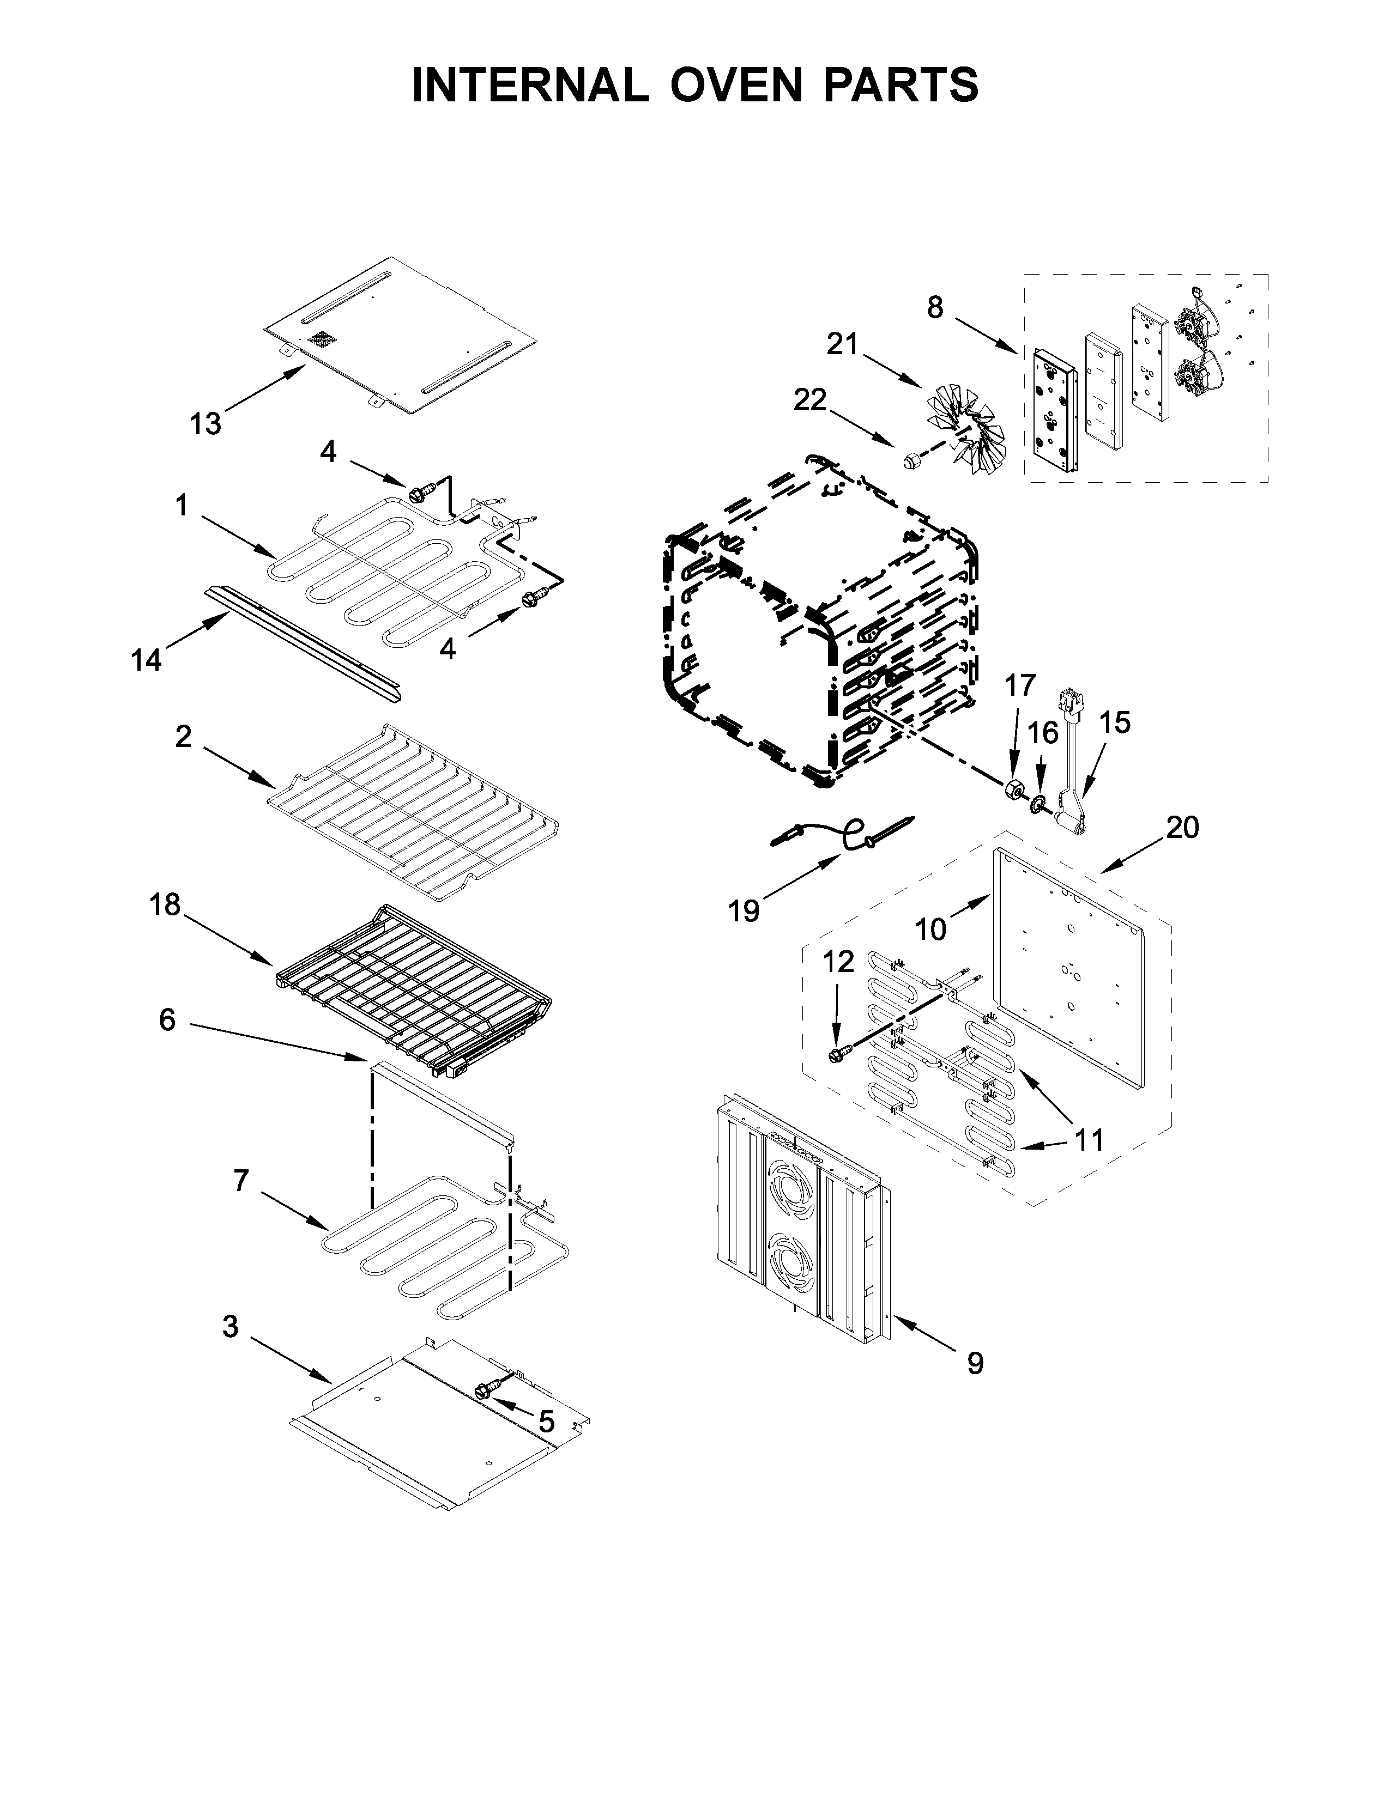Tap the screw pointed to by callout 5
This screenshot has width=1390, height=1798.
[x=484, y=1390]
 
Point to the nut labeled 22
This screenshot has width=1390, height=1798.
[x=911, y=462]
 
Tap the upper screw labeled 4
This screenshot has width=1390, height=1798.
[x=416, y=493]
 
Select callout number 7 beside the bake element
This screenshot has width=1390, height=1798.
[x=240, y=1181]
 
